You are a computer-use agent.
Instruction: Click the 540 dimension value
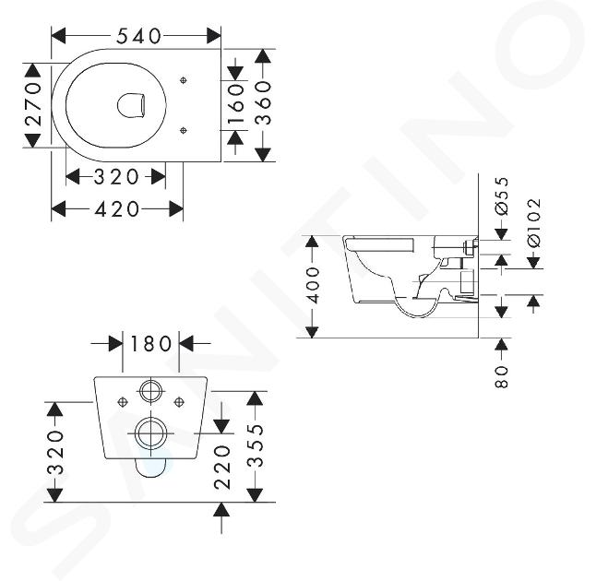pos(138,36)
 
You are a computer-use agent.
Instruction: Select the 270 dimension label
pos(33,104)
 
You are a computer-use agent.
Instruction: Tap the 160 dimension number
pos(235,104)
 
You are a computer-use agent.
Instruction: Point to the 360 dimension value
pos(263,103)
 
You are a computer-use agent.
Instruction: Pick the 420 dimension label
pos(116,209)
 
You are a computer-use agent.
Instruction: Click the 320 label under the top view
pos(116,177)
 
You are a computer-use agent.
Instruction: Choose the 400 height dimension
pos(313,285)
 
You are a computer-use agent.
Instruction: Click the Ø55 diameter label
pos(502,196)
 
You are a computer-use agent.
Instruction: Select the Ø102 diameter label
pos(534,223)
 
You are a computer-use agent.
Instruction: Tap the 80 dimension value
pos(502,376)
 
